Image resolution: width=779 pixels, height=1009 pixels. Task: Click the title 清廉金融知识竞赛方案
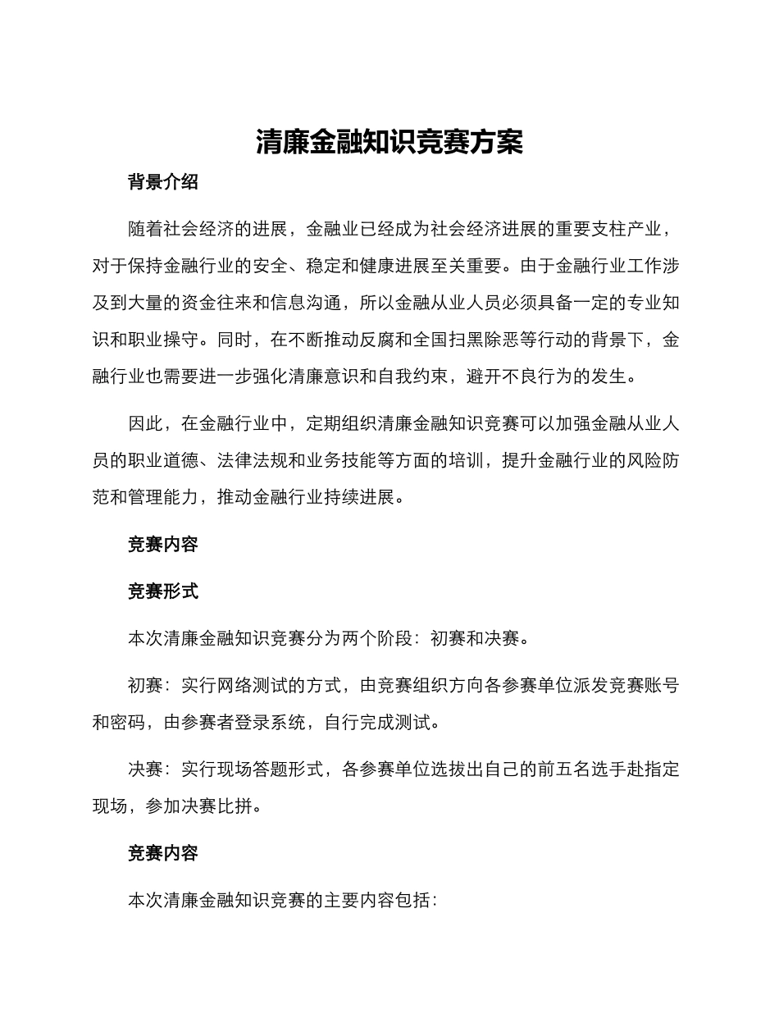(x=389, y=142)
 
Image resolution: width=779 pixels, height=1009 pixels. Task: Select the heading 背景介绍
(x=162, y=182)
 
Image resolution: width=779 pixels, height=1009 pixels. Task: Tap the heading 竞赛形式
(x=162, y=591)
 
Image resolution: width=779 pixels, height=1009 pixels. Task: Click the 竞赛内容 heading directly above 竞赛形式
(x=162, y=544)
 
